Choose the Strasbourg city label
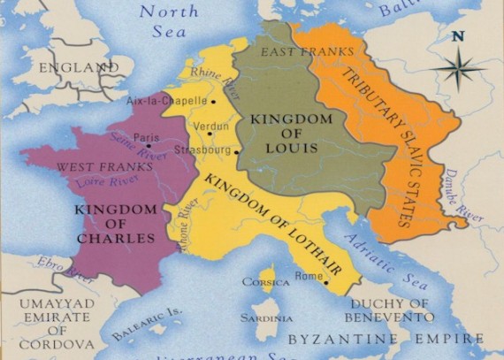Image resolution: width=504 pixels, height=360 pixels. click(202, 150)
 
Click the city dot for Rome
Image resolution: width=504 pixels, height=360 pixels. click(326, 283)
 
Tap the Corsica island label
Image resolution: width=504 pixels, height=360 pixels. click(266, 282)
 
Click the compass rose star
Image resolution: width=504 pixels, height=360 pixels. click(462, 69)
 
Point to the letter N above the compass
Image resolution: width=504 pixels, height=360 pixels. click(458, 36)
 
